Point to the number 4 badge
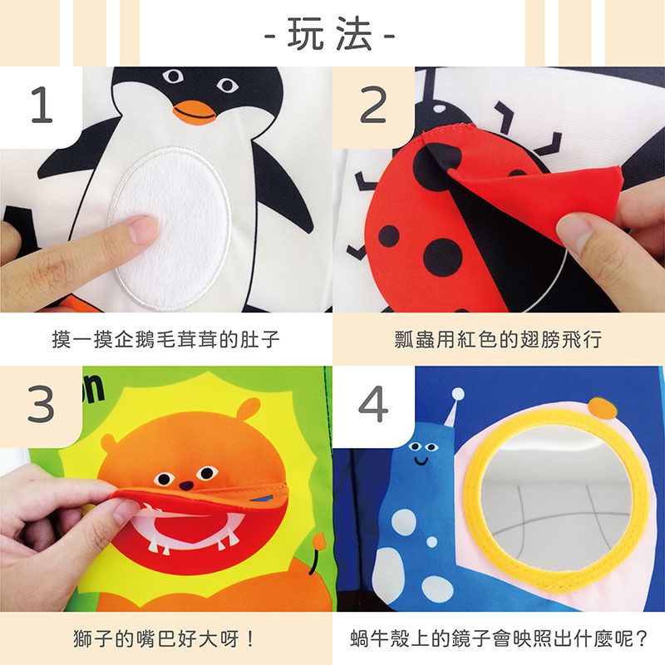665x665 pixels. tap(372, 405)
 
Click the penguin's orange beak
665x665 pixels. tap(194, 110)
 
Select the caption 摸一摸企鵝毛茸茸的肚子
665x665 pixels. tap(166, 340)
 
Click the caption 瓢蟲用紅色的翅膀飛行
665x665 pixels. tap(499, 340)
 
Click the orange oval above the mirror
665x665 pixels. tap(602, 407)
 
